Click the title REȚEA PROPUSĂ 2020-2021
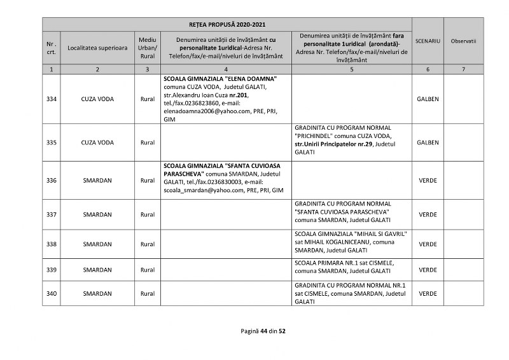click(227, 24)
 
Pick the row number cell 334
click(52, 99)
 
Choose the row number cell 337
click(52, 214)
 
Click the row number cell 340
click(52, 293)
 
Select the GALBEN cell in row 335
click(428, 142)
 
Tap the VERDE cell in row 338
click(428, 244)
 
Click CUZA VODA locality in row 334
click(97, 99)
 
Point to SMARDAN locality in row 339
click(97, 270)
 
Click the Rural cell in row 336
click(148, 181)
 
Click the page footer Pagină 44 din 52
click(263, 331)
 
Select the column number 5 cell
click(351, 69)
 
